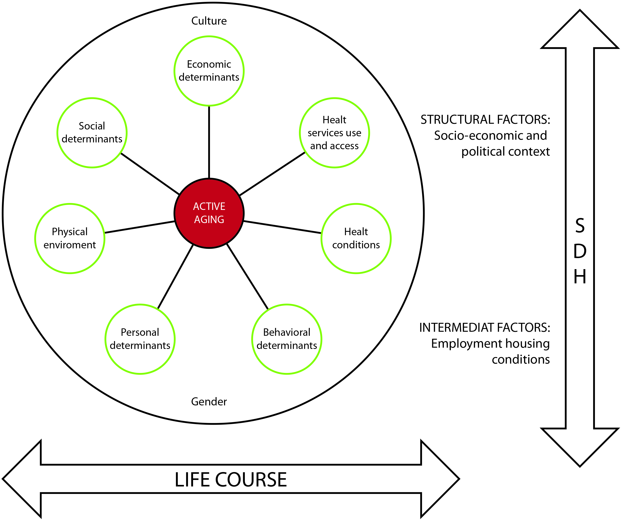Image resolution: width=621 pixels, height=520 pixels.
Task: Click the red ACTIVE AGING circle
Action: click(x=209, y=213)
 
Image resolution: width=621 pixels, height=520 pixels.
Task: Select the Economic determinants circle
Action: click(x=209, y=71)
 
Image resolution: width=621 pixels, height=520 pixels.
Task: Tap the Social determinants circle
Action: click(x=92, y=133)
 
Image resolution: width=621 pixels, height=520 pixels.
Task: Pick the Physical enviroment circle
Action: click(x=70, y=238)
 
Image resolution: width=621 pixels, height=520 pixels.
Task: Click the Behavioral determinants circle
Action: click(x=287, y=339)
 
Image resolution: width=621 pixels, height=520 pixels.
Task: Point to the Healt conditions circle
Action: click(x=356, y=238)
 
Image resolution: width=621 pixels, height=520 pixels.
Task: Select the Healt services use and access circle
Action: click(x=334, y=133)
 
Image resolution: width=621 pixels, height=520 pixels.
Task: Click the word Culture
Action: click(x=209, y=21)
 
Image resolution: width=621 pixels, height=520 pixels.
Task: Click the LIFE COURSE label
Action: click(x=231, y=479)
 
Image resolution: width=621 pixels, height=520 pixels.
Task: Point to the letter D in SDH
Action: click(x=580, y=252)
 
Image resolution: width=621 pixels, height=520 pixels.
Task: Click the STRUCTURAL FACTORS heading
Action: click(x=485, y=119)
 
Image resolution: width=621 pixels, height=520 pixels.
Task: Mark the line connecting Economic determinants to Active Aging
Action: click(x=209, y=142)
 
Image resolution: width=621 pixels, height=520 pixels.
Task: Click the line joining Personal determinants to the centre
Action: click(x=175, y=277)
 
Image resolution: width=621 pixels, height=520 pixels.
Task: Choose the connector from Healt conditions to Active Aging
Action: click(x=282, y=227)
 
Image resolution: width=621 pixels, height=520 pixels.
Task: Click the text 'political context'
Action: click(x=505, y=152)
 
